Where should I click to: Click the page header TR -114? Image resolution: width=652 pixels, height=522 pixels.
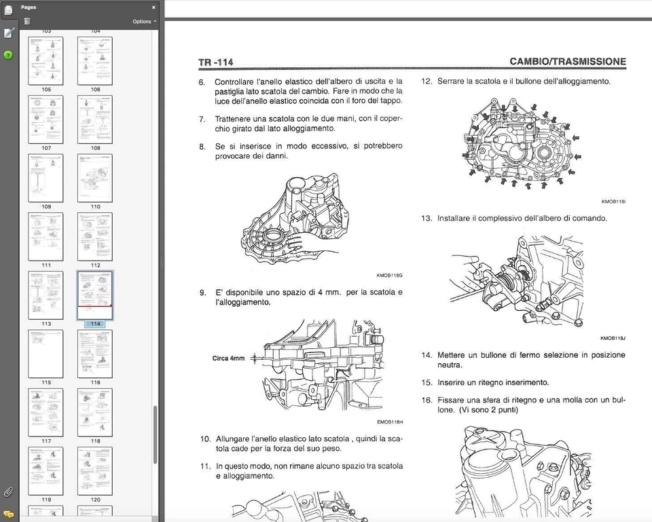coord(216,62)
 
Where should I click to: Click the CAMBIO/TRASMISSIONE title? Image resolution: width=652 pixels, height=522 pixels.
coord(568,62)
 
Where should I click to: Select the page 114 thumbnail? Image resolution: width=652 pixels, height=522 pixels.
coord(95,295)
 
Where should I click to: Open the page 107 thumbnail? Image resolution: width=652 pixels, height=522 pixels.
coord(46,119)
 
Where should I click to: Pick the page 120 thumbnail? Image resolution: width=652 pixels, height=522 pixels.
coord(95,470)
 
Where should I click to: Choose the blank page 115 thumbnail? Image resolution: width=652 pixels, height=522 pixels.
coord(46,354)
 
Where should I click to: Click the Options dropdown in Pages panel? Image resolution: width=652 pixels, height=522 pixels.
coord(143,21)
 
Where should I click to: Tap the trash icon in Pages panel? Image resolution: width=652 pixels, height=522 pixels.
coord(27,21)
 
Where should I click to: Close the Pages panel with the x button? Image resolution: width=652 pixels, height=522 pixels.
coord(153,7)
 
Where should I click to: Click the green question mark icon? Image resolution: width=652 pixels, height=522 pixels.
coord(8,54)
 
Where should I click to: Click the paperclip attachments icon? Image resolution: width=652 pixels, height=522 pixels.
coord(8,491)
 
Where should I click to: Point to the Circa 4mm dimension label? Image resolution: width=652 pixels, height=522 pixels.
coord(228,358)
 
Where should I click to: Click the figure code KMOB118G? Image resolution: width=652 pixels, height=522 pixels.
coord(389,275)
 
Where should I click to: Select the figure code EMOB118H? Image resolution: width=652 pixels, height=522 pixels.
coord(389,422)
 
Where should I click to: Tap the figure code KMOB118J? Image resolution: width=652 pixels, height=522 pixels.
coord(613,338)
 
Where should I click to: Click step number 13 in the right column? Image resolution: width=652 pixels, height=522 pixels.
coord(426,219)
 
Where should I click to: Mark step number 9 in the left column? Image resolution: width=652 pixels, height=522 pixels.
coord(202,293)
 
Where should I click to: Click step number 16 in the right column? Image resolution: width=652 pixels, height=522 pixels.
coord(426,400)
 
